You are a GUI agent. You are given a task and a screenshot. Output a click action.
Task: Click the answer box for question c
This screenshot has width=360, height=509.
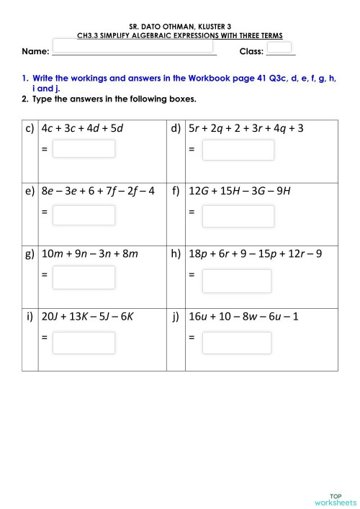(84, 149)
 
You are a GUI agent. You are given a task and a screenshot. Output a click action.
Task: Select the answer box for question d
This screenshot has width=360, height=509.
(238, 150)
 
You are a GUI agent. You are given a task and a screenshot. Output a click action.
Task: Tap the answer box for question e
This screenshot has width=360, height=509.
(84, 215)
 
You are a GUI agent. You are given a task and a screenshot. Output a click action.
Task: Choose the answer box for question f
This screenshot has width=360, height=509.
(238, 215)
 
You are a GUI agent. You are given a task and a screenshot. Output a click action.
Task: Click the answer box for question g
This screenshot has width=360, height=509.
(84, 277)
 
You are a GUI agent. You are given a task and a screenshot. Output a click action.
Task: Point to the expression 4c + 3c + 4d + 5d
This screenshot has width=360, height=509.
(83, 129)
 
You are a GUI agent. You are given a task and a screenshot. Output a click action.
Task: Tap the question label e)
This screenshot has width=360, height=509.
(30, 192)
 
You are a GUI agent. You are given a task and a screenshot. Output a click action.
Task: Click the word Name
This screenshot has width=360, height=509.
(35, 53)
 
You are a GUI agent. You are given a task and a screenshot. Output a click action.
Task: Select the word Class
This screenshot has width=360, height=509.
(251, 53)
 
